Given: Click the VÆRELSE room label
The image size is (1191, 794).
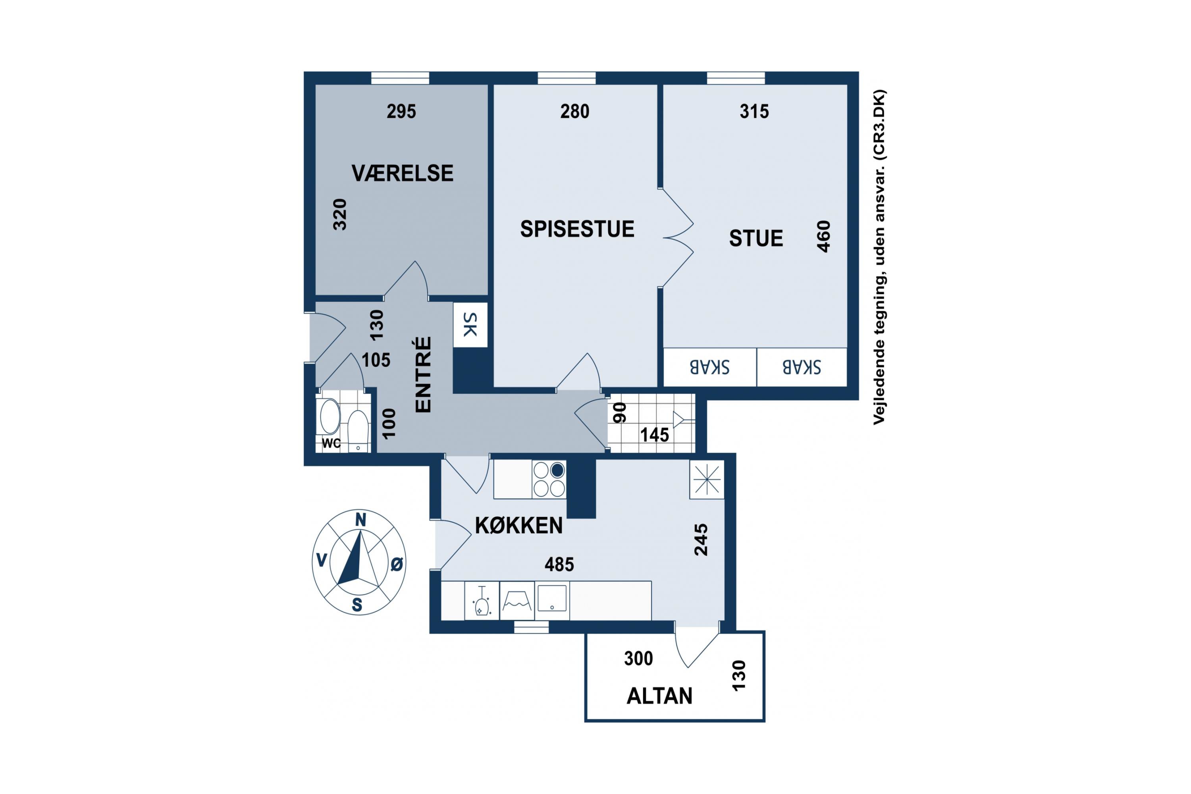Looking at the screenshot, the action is point(403,173).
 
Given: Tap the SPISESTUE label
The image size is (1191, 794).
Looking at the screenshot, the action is point(577,229).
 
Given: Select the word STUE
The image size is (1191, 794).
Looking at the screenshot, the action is point(756,239).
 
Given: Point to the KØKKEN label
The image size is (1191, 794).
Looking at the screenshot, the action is point(519,526).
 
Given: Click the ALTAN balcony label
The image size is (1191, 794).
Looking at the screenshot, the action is point(659,696).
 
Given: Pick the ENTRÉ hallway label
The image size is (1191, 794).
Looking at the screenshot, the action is point(423,375).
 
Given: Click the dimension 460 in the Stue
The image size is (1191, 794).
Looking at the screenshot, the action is point(824,237).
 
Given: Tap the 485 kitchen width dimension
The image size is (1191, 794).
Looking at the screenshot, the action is point(559,564).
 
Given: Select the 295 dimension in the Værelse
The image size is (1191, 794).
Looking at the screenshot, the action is point(401,112).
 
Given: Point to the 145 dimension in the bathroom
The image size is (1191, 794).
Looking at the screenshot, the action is point(655,435).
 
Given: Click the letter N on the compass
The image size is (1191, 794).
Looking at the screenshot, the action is point(360,520).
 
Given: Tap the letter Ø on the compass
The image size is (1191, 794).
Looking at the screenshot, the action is point(397,564).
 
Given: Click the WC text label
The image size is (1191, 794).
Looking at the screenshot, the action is point(331,443).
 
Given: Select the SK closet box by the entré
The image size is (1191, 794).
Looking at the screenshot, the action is point(470,325).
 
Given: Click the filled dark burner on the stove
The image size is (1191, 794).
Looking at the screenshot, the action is point(557,470).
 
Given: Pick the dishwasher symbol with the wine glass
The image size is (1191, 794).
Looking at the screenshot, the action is point(482,601).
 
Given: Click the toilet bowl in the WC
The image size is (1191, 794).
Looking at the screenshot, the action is point(358,430).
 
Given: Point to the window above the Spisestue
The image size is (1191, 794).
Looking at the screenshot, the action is point(567,78).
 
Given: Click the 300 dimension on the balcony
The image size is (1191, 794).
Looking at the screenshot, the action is point(638,658).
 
